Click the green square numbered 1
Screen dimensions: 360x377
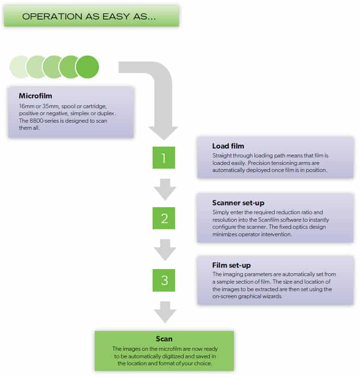click(164, 157)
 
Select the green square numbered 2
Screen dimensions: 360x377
click(164, 218)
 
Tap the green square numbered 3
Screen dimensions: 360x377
click(164, 280)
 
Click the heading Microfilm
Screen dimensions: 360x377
click(36, 96)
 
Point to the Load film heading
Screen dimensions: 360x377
click(228, 146)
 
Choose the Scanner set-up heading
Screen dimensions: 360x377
click(238, 203)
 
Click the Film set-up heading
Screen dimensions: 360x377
click(231, 265)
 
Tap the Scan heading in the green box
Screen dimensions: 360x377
click(164, 339)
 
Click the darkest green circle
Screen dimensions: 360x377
click(87, 67)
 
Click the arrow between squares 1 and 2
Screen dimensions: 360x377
click(165, 189)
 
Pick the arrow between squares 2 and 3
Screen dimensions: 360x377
click(165, 250)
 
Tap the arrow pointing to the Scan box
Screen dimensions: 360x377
click(165, 312)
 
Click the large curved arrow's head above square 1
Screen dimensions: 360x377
click(163, 133)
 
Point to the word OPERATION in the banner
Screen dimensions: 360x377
click(52, 17)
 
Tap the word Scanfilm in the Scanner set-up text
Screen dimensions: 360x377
click(268, 220)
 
